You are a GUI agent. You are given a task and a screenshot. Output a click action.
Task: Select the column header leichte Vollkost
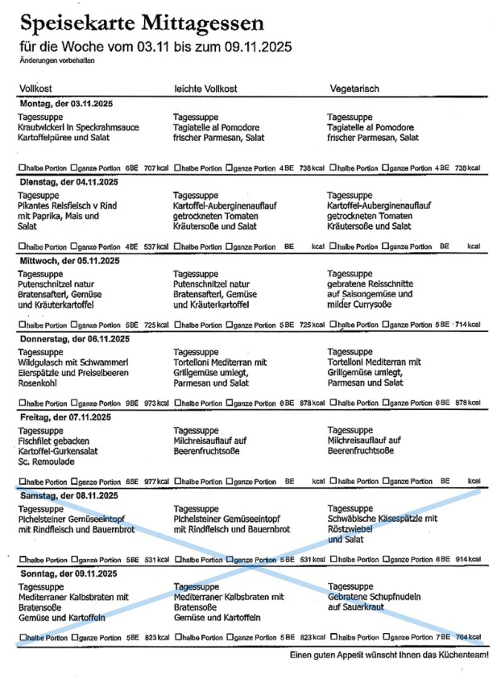206,89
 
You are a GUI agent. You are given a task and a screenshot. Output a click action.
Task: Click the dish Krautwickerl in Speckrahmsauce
78,127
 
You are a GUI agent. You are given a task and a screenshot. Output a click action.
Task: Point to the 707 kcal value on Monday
155,168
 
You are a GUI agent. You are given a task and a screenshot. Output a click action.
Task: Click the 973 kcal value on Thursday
155,403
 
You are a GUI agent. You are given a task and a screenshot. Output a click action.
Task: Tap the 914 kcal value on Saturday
467,559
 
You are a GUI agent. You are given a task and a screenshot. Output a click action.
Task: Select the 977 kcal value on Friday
155,481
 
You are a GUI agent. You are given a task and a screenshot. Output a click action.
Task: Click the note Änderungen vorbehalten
49,61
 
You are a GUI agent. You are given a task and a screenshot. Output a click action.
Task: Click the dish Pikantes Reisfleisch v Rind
67,205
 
